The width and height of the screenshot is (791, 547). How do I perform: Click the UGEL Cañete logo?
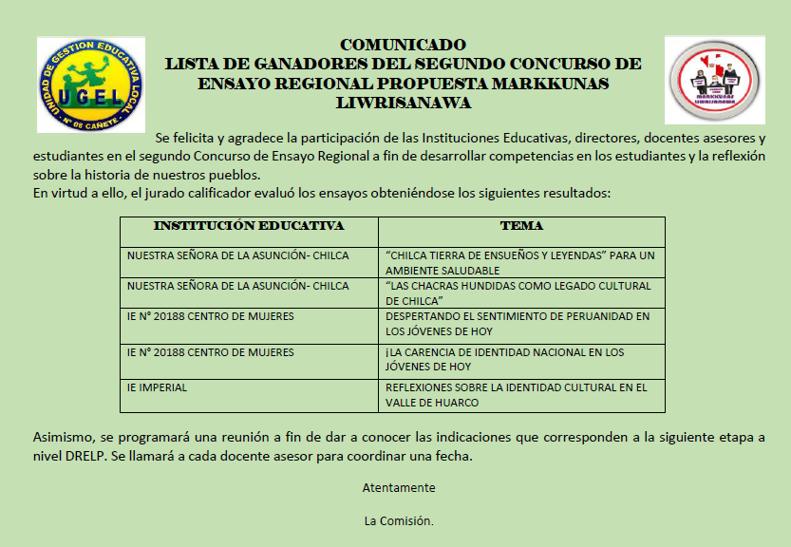tap(90, 84)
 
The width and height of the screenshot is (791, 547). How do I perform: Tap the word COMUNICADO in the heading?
tap(403, 45)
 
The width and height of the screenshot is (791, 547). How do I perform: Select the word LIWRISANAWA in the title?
tap(403, 103)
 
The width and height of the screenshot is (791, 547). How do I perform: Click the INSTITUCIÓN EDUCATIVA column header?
tap(248, 226)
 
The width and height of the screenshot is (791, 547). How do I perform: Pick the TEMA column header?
tap(521, 226)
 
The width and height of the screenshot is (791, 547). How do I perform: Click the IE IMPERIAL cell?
tap(157, 387)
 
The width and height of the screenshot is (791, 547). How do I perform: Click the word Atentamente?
tap(399, 487)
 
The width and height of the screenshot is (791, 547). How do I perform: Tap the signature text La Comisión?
tap(399, 520)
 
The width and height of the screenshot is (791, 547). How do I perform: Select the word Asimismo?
tap(61, 436)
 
